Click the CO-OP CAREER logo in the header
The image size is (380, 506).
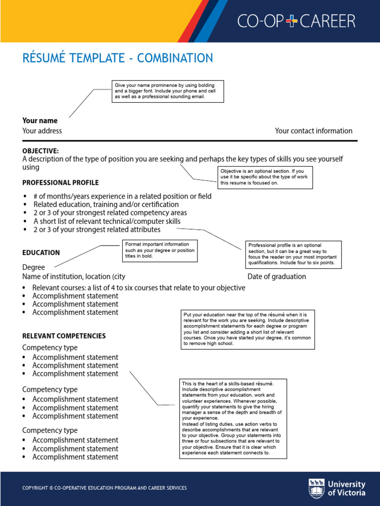tap(296, 21)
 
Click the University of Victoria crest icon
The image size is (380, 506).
tap(317, 488)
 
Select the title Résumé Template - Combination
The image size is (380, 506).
tap(118, 58)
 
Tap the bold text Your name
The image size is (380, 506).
tap(40, 121)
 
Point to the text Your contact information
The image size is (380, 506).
tap(314, 131)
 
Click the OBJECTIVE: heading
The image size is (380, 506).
tap(41, 151)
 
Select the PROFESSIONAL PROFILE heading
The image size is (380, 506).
tap(60, 183)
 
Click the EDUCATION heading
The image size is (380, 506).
tap(41, 253)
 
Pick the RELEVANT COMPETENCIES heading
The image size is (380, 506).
tap(64, 336)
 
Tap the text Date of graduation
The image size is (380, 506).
tap(277, 277)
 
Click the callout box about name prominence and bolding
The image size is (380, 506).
tap(168, 91)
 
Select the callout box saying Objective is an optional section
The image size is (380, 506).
tap(266, 177)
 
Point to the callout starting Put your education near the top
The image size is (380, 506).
tap(247, 330)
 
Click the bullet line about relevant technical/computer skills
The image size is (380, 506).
tap(106, 221)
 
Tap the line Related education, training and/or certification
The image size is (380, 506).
tap(106, 205)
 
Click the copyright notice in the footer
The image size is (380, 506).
tap(104, 488)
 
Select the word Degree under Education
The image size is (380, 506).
tap(34, 267)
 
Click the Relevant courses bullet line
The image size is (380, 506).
tap(139, 288)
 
